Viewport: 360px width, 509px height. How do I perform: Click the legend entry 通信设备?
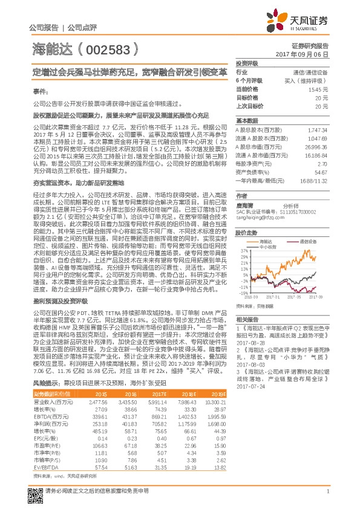point(309,240)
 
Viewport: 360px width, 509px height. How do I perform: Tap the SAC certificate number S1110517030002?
point(292,212)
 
